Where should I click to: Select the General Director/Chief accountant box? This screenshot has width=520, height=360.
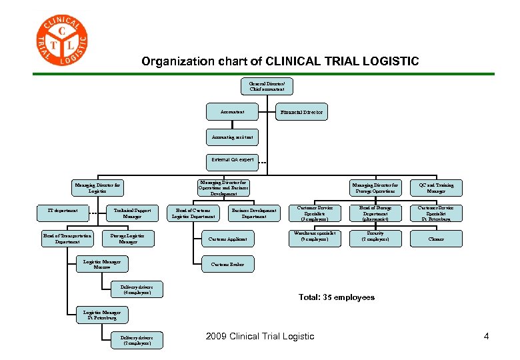(267, 85)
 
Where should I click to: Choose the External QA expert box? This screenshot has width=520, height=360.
(232, 160)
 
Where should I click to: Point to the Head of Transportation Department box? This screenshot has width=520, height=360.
(67, 238)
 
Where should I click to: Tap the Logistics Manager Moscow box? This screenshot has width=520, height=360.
(102, 265)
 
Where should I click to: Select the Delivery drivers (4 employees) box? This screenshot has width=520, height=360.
(136, 290)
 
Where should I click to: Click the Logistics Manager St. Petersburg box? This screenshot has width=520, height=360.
(102, 315)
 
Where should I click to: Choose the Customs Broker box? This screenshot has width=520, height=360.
(227, 265)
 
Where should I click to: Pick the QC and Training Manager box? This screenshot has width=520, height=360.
(437, 188)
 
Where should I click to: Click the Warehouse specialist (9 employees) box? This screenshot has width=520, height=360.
(314, 237)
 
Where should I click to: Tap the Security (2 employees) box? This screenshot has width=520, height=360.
(375, 237)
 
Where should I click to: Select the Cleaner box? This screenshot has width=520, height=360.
(437, 238)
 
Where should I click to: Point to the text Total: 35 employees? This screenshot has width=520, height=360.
(336, 297)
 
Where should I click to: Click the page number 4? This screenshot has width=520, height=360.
(486, 336)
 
